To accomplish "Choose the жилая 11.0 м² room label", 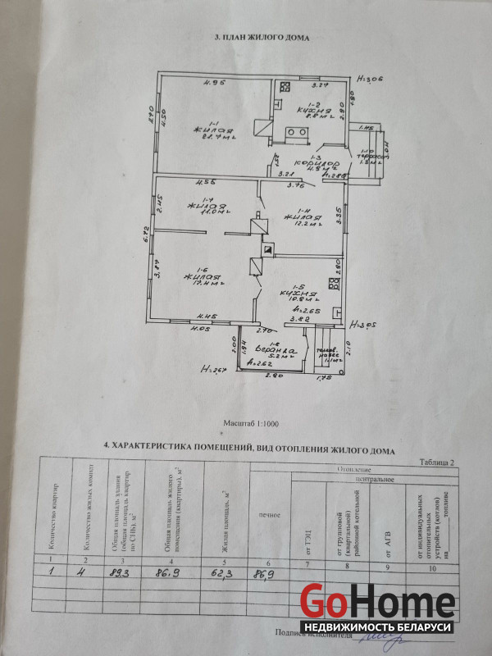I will pos(200,207).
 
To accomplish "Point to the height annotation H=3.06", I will pos(371,80).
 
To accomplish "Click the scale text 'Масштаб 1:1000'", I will pos(251,425).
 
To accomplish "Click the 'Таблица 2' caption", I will pos(438,462).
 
